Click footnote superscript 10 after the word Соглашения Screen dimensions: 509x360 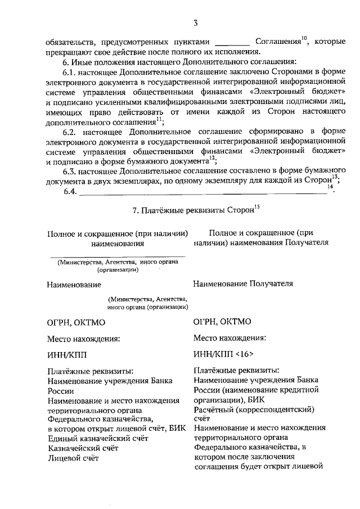[x=304, y=38]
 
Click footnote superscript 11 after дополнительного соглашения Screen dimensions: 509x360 [x=160, y=119]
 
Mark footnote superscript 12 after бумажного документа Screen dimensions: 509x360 [x=212, y=158]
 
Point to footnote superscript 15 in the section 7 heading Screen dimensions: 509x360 [x=256, y=207]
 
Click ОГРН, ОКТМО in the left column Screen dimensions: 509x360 [x=76, y=322]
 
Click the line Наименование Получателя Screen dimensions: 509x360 [x=242, y=283]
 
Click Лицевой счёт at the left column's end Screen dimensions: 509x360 [x=73, y=458]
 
